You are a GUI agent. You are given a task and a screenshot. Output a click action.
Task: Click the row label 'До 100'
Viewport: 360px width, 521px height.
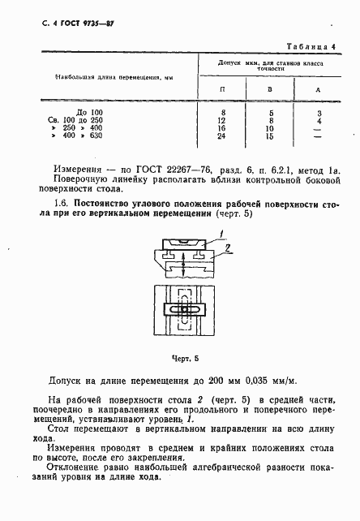coord(89,110)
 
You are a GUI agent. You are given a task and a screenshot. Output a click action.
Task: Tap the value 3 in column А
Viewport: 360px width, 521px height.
coord(320,111)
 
